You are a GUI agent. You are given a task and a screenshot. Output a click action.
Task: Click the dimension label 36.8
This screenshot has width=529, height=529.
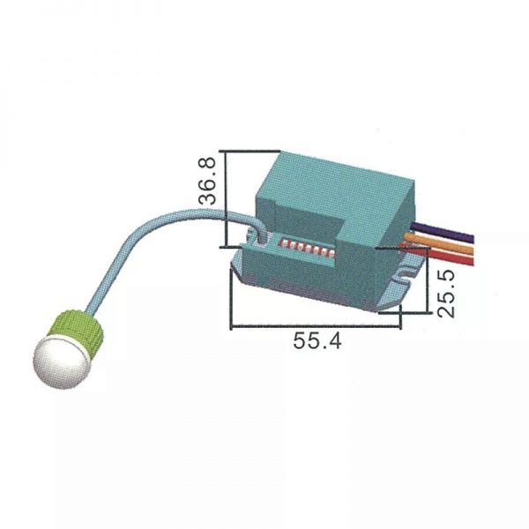click(x=208, y=182)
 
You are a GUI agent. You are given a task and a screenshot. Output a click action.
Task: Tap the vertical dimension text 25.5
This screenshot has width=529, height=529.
click(x=448, y=293)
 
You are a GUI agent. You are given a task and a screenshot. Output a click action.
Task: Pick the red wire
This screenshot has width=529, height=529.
click(x=445, y=257)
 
